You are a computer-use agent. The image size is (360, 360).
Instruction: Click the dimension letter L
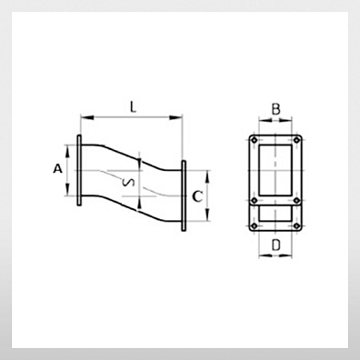point(133,107)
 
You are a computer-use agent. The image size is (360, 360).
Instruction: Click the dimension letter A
point(57,168)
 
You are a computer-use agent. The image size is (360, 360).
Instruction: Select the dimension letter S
point(128,182)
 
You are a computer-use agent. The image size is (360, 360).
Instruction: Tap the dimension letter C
point(197,196)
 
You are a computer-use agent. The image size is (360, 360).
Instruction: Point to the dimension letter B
point(275,109)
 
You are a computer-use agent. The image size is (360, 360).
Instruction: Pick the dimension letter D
point(275,245)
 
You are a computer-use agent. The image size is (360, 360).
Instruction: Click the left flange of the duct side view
point(79,170)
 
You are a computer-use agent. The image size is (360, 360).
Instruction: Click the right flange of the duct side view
point(184,195)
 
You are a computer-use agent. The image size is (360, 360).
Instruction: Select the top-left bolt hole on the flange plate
point(255,140)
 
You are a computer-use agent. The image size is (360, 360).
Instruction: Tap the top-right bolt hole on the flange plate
point(297,140)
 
